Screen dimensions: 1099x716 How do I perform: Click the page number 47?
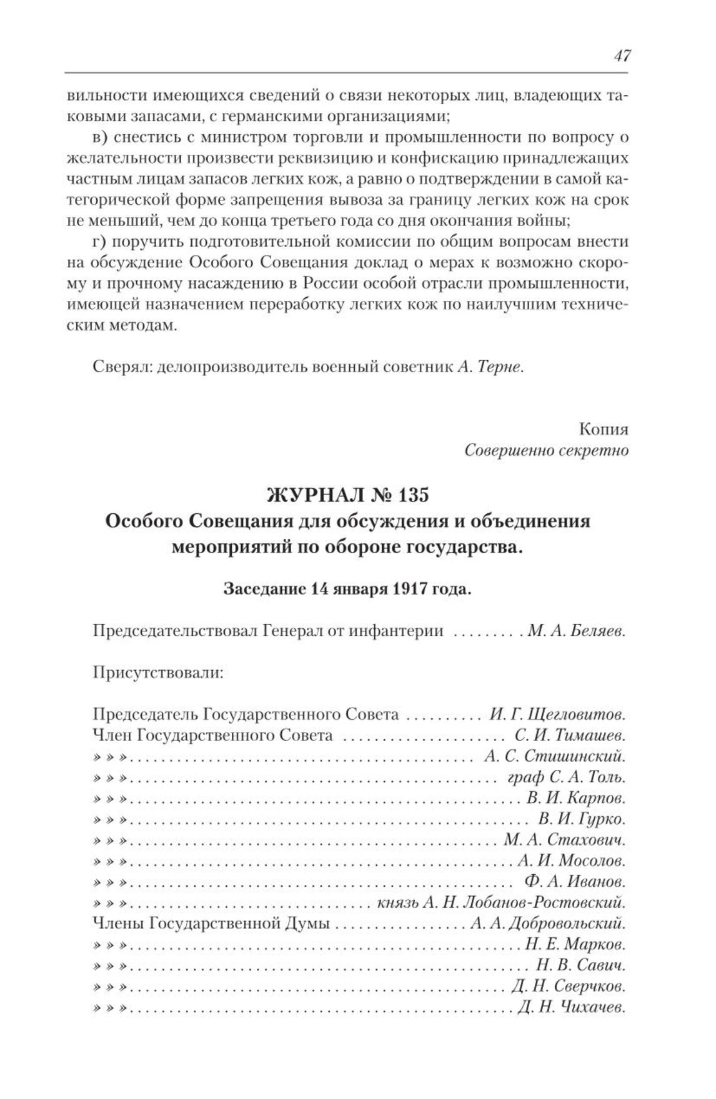[x=622, y=56]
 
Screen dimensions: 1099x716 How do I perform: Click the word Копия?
[x=604, y=429]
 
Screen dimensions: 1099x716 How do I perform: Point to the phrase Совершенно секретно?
[x=547, y=450]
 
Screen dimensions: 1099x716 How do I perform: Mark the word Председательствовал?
[x=174, y=631]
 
